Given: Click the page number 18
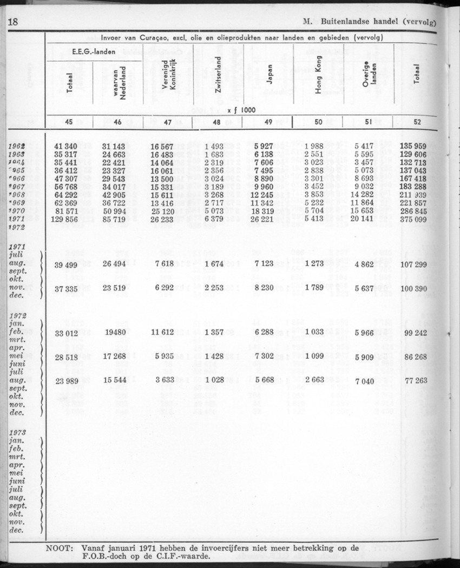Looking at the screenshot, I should [x=12, y=22].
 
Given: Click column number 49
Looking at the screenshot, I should [x=268, y=122].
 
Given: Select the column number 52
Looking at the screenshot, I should [x=417, y=122].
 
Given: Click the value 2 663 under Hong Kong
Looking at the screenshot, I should [x=314, y=379].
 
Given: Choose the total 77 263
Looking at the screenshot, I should [x=414, y=380].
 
